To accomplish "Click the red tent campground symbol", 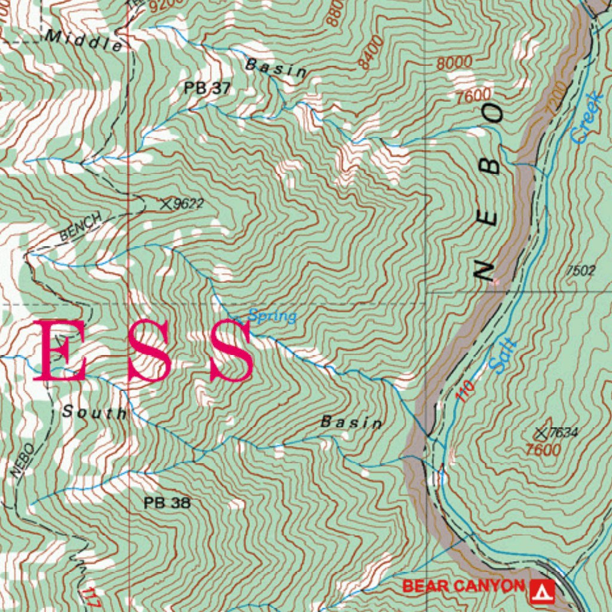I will [542, 590].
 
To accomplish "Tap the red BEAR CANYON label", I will [463, 586].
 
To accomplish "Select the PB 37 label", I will [207, 88].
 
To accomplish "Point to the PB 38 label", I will [167, 503].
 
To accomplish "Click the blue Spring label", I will [273, 316].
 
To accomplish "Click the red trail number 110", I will [465, 391].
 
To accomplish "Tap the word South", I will [94, 412].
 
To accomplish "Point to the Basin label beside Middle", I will [276, 68].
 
